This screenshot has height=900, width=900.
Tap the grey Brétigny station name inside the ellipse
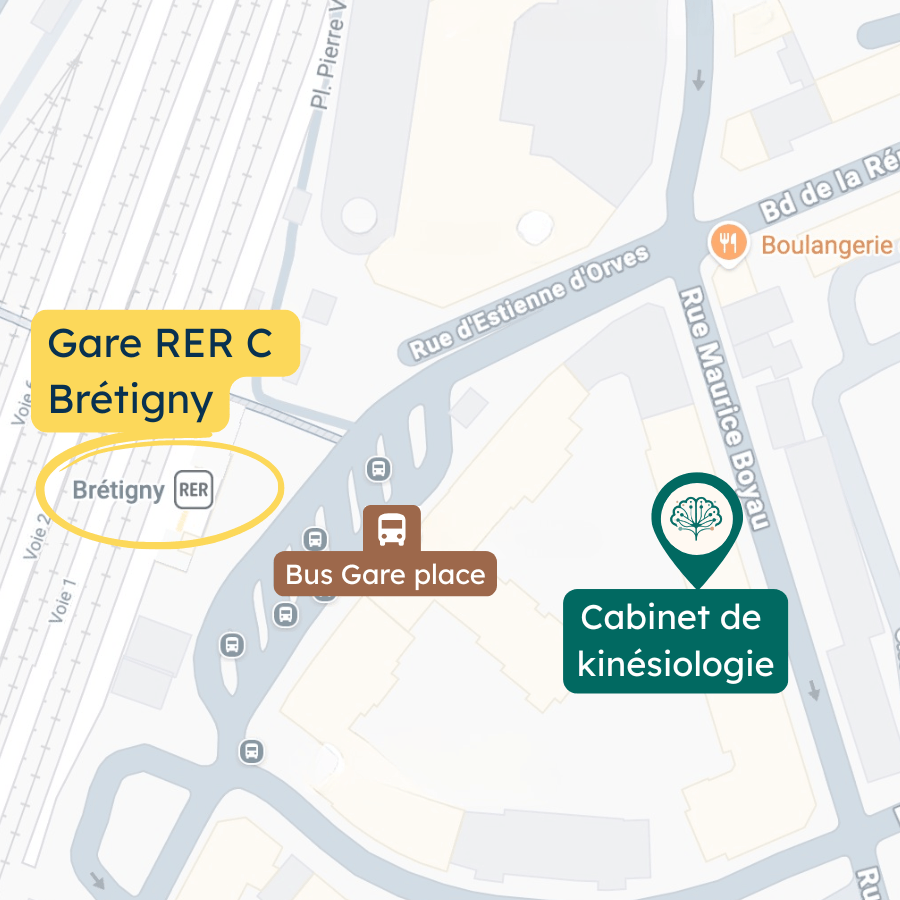click(118, 490)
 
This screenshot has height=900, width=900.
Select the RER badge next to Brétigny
click(193, 490)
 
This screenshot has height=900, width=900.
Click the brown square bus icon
click(391, 528)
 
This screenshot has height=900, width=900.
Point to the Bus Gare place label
click(385, 574)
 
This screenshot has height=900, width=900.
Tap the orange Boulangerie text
click(826, 245)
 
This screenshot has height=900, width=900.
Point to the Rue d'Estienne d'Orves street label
click(530, 302)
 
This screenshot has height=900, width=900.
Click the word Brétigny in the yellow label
click(130, 400)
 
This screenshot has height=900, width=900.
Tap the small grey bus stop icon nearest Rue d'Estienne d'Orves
click(378, 468)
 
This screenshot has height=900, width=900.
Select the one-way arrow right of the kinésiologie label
click(814, 691)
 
